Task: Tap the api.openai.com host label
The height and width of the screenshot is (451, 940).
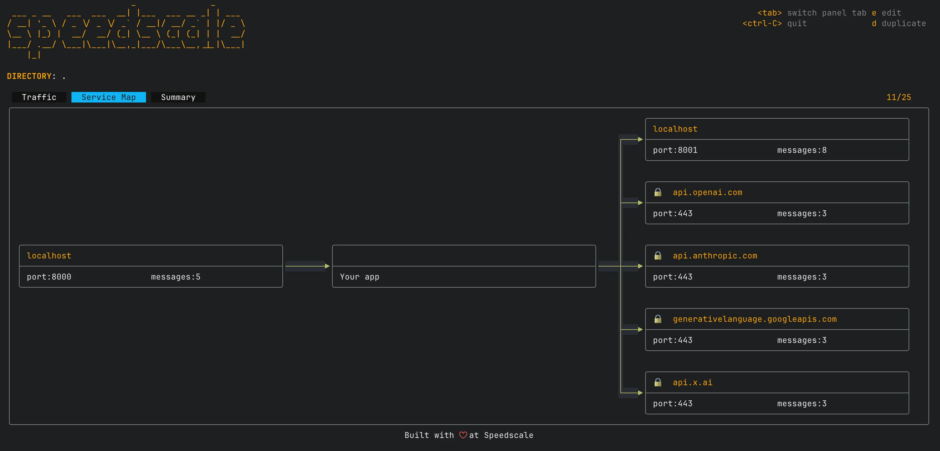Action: click(707, 192)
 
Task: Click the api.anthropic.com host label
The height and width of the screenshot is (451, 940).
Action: click(714, 256)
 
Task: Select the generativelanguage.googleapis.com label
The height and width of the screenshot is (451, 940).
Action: click(754, 319)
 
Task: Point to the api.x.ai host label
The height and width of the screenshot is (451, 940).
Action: click(692, 382)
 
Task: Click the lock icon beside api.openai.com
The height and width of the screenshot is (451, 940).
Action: click(658, 192)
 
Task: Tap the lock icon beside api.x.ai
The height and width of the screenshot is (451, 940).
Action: click(658, 382)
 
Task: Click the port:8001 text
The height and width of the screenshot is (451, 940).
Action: click(675, 150)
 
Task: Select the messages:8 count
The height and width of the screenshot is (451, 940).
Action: click(801, 150)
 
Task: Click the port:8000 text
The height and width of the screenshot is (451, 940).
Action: click(49, 277)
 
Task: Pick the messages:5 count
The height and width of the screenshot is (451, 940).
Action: click(176, 277)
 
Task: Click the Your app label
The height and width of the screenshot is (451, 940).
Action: click(359, 277)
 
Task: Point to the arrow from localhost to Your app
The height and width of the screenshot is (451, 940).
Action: click(307, 266)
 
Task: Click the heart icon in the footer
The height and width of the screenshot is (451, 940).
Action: click(463, 435)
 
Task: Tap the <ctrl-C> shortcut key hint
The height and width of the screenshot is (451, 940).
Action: click(762, 24)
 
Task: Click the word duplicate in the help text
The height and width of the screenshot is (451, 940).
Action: click(904, 24)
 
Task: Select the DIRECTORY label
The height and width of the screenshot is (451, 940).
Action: click(29, 76)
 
